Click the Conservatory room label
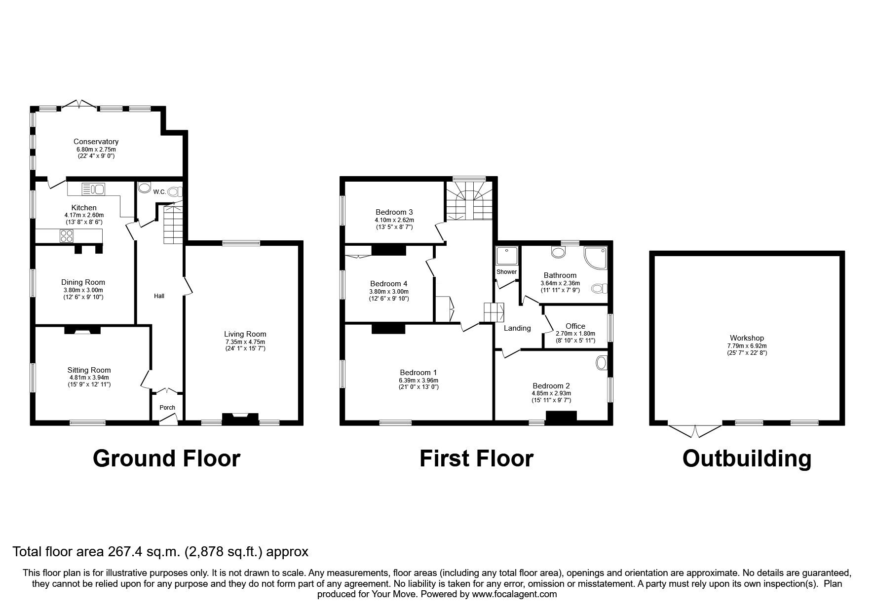96,142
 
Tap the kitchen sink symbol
93,189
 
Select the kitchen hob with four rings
67,236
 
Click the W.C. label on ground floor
159,191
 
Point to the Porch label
167,408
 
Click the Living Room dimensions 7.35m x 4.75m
245,342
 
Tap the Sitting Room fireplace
82,331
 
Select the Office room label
575,326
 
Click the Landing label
517,328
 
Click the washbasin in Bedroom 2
602,363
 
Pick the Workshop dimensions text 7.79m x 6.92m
747,345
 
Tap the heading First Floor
476,458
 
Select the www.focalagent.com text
514,594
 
